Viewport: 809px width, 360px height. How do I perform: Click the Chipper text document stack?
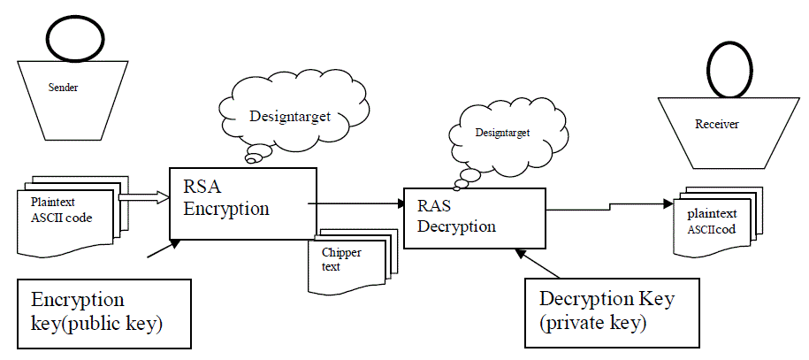point(348,260)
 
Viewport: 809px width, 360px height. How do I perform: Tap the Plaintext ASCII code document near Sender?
point(67,216)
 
